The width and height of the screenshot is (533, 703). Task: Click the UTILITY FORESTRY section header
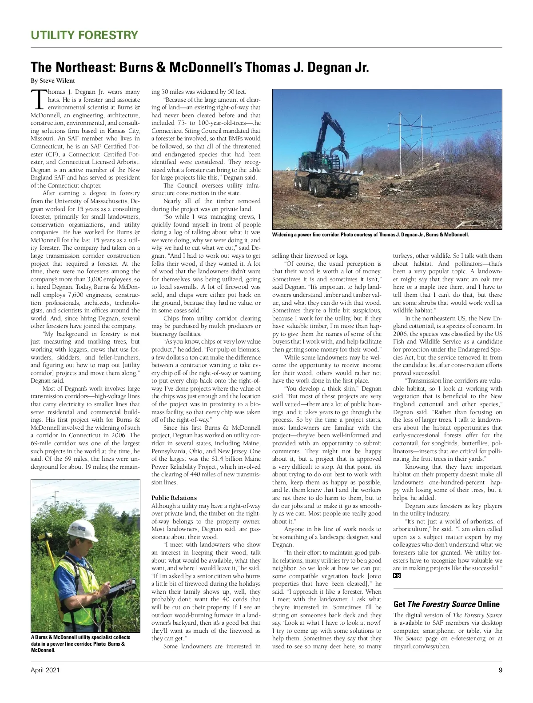[84, 35]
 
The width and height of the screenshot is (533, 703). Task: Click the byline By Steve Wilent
[53, 81]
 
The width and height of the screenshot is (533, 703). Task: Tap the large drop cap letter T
[38, 99]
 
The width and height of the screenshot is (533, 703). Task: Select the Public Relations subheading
[174, 498]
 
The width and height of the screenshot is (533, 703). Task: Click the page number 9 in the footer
[500, 670]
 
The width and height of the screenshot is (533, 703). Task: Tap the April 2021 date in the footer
[45, 670]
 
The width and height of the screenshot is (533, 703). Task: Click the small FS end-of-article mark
[397, 576]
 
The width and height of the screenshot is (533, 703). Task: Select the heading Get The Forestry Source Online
[446, 604]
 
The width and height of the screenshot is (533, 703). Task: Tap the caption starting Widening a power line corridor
[370, 235]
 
